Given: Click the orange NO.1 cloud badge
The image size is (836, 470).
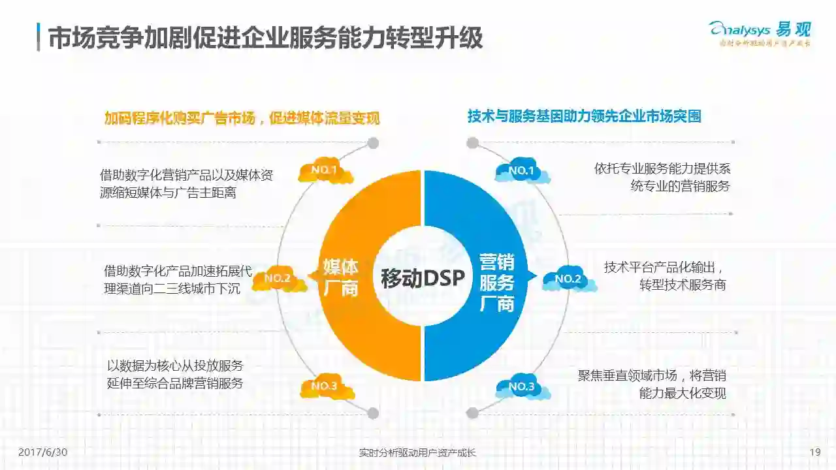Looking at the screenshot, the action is (325, 171).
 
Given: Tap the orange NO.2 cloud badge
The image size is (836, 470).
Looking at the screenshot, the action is (278, 279).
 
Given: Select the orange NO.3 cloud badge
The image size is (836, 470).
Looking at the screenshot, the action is (325, 386).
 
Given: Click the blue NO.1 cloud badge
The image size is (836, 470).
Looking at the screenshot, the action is (522, 171).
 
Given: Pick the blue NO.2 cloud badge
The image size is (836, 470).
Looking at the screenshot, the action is (568, 279).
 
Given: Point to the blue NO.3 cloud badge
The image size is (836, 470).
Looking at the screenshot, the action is (522, 387).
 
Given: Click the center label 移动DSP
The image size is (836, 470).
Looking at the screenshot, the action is (423, 279).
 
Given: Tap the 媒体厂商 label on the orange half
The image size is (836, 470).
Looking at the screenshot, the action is (341, 277).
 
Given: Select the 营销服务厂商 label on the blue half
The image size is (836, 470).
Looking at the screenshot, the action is (497, 283).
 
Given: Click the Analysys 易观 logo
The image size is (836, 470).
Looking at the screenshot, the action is (760, 33).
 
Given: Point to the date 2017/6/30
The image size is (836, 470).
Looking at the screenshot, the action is (43, 452).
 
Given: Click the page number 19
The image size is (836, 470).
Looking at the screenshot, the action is (814, 452).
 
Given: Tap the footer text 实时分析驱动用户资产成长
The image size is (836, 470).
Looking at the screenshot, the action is (417, 452).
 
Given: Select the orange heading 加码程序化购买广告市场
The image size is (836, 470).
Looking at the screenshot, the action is (242, 118).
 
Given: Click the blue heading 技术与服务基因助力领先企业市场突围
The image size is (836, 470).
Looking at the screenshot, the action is (584, 116).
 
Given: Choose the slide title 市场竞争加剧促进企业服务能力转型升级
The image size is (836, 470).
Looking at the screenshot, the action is (265, 38).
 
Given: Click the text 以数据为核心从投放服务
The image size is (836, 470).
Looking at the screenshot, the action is (175, 366).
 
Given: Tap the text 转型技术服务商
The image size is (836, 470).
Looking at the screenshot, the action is (683, 285).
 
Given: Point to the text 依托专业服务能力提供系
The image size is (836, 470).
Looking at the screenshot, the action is (662, 168).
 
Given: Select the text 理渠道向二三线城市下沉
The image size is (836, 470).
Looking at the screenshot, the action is (172, 288).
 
